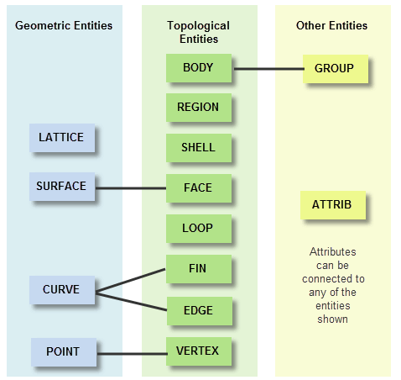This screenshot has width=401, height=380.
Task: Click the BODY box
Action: click(x=199, y=68)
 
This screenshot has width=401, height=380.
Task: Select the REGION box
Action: click(x=199, y=108)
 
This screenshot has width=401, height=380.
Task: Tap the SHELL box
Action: click(x=199, y=148)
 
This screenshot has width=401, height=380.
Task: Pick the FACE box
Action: click(x=199, y=188)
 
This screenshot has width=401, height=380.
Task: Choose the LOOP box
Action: click(x=199, y=229)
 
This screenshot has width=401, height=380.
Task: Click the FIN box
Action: click(x=199, y=269)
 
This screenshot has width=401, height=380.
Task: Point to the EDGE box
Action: click(x=200, y=311)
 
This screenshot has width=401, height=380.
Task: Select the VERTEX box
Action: click(x=199, y=351)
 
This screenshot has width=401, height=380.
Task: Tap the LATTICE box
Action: click(x=62, y=138)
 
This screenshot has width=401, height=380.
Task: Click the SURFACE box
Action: click(x=62, y=187)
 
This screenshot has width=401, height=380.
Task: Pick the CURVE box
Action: click(x=62, y=290)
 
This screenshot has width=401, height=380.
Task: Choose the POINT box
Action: click(x=64, y=352)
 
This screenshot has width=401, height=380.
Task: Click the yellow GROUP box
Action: click(x=336, y=69)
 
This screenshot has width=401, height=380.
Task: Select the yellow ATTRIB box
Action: click(x=333, y=205)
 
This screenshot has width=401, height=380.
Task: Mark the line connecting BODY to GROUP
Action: click(x=269, y=69)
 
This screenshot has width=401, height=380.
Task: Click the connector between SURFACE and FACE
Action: click(x=131, y=188)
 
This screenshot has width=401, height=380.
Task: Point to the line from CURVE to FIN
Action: click(x=130, y=281)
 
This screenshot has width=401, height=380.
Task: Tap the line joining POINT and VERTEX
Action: click(x=132, y=354)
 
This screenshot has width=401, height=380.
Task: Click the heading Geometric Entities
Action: click(x=64, y=25)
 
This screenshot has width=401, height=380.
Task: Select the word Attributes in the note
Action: click(x=333, y=251)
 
